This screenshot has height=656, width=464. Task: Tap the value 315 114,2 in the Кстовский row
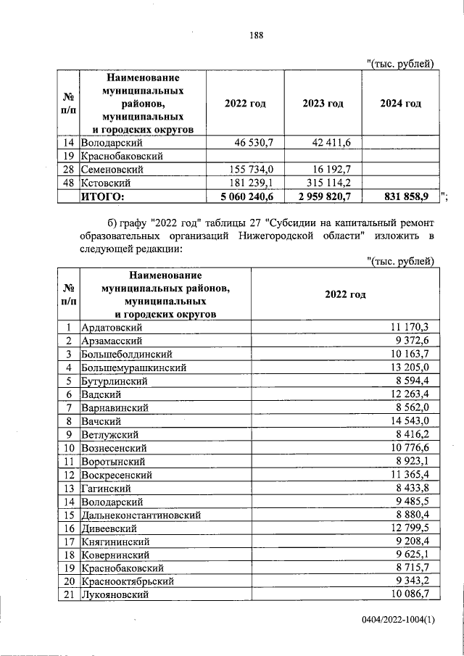326,183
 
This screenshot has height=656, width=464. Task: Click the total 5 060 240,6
241,196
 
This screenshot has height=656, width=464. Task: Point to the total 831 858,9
408,196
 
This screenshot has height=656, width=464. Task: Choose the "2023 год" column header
323,104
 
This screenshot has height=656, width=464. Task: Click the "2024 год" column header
400,104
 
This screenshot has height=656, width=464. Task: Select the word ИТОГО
102,196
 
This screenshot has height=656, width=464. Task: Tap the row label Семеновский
112,170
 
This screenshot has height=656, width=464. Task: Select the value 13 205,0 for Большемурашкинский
409,368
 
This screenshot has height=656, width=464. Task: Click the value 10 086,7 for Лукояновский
409,594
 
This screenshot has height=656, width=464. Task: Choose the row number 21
68,594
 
